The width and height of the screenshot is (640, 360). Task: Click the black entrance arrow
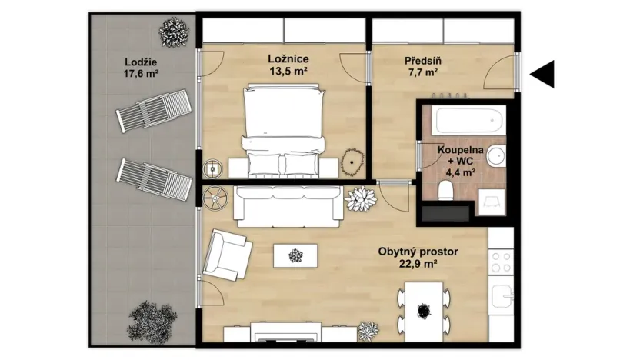[x=543, y=74]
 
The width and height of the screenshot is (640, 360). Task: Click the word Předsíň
[x=421, y=60]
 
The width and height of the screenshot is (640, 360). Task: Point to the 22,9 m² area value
[x=418, y=264]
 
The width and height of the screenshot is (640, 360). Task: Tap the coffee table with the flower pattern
[x=295, y=254]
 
